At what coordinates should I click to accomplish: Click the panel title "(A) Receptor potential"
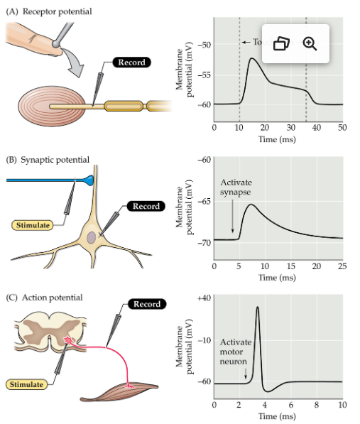coord(48,11)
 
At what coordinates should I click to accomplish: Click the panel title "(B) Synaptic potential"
coord(48,160)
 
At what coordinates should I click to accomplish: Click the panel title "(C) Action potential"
coord(44,297)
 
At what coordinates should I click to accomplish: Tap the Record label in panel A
coord(131,62)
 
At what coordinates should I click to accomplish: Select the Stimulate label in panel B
coord(34,225)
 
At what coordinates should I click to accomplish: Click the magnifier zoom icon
coord(310,43)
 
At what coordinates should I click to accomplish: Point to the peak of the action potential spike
coord(256,307)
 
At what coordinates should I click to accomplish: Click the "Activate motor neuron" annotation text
coord(235,351)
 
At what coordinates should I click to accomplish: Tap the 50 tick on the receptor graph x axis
coord(342,127)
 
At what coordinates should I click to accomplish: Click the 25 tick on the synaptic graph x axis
coord(342,265)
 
